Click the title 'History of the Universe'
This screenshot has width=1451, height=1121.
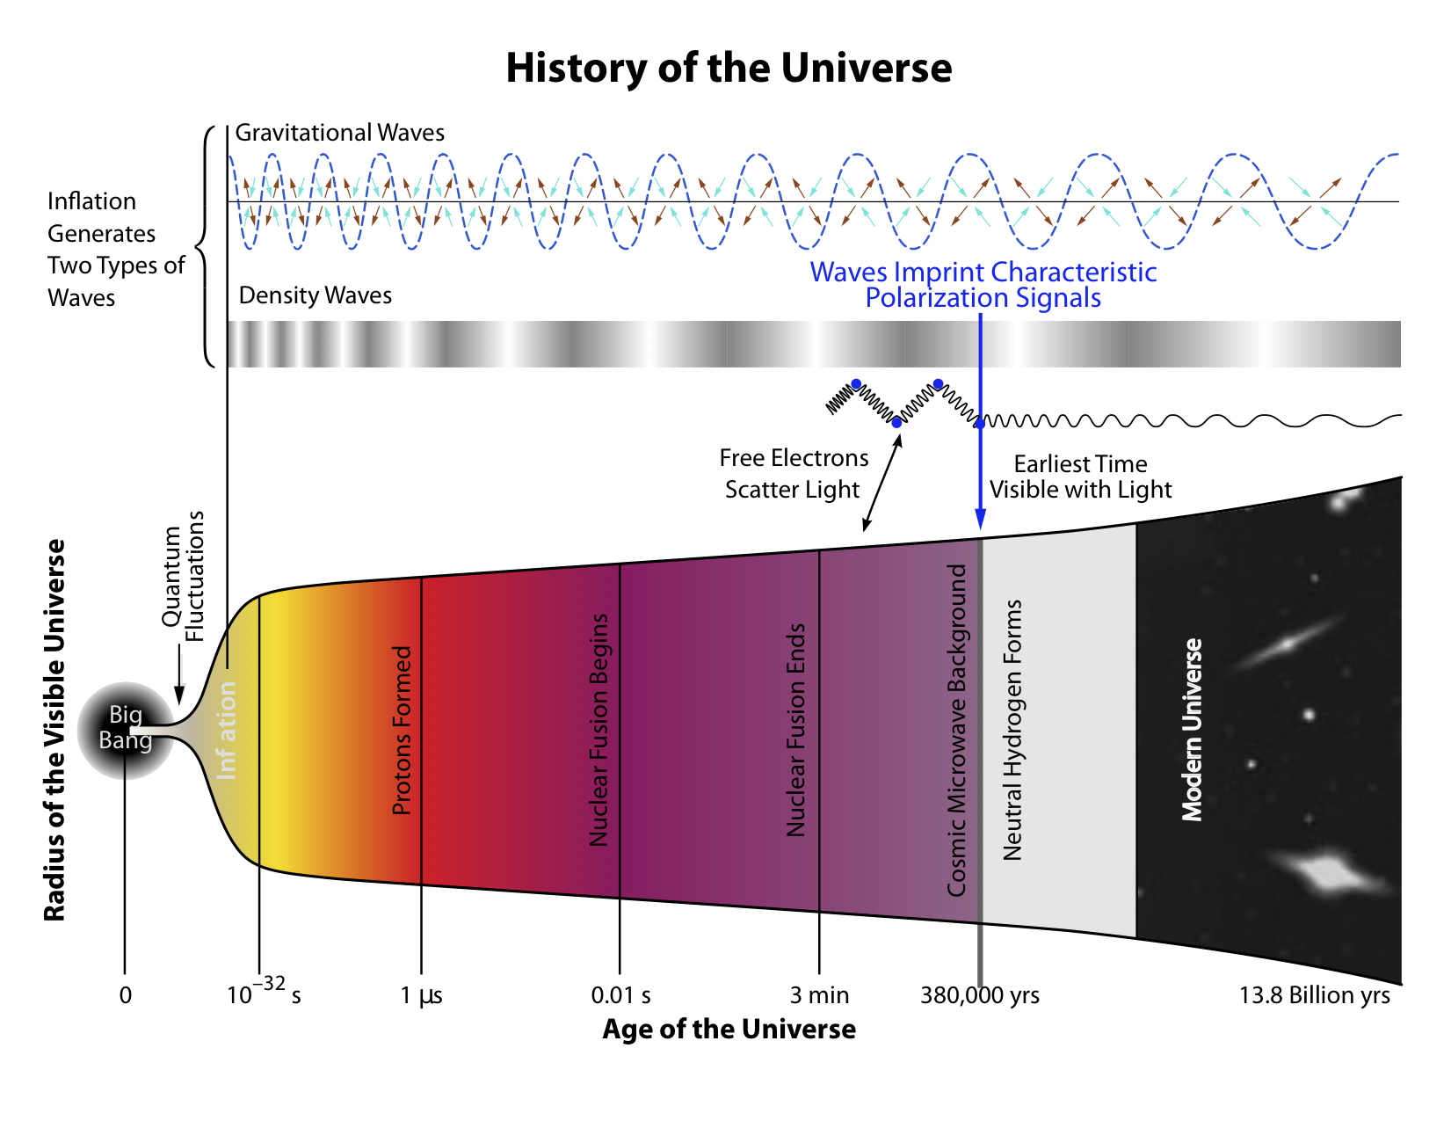click(x=729, y=69)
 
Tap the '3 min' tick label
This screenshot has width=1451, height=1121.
click(x=819, y=995)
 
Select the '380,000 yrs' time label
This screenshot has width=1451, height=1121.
click(x=980, y=995)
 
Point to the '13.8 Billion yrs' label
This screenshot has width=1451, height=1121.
click(x=1314, y=995)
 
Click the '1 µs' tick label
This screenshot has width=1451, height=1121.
click(x=421, y=996)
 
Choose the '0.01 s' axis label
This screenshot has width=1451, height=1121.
click(x=620, y=995)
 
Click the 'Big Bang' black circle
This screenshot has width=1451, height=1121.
click(x=126, y=730)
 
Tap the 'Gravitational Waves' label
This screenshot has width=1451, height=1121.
click(x=339, y=132)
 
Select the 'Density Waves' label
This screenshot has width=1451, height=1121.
click(x=316, y=295)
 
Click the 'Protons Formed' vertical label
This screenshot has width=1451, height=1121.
click(x=402, y=730)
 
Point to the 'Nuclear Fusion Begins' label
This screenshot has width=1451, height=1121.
click(x=599, y=730)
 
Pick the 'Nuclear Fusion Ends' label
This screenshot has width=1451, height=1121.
click(x=796, y=730)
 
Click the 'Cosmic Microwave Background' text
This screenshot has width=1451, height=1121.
click(x=956, y=730)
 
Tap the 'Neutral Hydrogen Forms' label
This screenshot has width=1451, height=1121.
click(x=1012, y=730)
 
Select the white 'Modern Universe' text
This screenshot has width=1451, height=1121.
click(x=1192, y=730)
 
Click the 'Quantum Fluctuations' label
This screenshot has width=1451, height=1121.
click(x=182, y=577)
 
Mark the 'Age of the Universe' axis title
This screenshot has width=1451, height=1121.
click(x=729, y=1030)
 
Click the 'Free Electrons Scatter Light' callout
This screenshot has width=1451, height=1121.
click(x=794, y=474)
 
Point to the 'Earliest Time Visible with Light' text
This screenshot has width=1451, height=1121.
click(x=1080, y=477)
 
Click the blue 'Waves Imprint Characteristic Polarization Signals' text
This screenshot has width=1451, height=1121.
click(x=983, y=285)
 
